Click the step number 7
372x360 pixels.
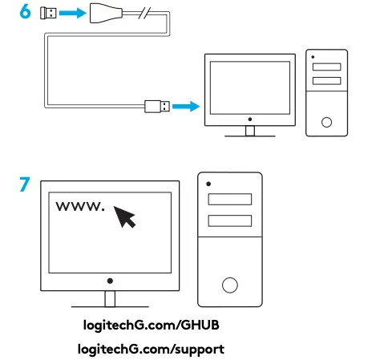coord(26,184)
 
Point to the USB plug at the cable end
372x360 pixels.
coord(156,105)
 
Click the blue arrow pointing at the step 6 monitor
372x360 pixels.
coord(185,105)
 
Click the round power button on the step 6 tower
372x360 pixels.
coord(325,123)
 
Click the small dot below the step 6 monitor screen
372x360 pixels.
coord(251,116)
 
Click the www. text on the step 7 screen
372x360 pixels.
coord(79,207)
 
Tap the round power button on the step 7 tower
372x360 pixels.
coord(230,284)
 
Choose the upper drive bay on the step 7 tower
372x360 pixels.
coord(229,200)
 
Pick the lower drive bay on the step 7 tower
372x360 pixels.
coord(229,221)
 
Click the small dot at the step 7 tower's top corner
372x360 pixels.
coord(207,181)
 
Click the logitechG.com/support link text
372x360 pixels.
coord(151,349)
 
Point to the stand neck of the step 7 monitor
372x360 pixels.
coord(110,298)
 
